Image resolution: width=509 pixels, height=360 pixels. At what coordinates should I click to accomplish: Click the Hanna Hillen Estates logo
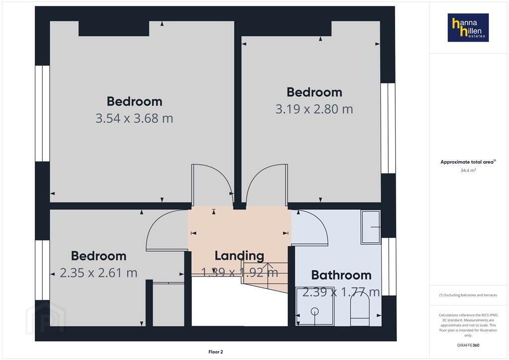coord(468,27)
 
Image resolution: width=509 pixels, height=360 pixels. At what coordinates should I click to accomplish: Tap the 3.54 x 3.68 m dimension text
coord(134,118)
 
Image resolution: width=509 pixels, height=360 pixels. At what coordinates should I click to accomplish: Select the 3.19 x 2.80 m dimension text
coord(314,109)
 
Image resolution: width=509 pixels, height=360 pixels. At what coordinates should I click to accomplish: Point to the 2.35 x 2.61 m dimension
coord(99,273)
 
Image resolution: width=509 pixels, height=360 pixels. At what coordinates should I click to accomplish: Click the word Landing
coord(239,256)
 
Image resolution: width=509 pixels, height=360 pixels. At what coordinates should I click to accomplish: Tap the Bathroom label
coord(341,275)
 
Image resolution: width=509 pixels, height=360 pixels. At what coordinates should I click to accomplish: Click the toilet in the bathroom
coord(360,309)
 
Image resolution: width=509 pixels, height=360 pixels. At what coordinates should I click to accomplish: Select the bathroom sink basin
coord(371,227)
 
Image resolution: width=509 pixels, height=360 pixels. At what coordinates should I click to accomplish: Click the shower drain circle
coord(315,312)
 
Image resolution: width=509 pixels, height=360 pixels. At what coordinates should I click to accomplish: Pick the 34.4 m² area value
coord(468,170)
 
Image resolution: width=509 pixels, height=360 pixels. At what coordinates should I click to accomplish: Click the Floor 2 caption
coord(216,352)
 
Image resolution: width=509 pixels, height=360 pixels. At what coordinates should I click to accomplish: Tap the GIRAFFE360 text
coord(468,345)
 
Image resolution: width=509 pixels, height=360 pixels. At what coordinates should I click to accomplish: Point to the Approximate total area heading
coord(468,162)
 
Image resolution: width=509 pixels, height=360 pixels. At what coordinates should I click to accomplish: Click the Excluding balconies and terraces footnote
coord(468,295)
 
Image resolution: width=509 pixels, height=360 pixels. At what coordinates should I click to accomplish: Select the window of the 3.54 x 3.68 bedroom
coord(43,113)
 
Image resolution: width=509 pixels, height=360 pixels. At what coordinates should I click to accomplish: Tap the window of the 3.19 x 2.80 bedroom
coord(388,128)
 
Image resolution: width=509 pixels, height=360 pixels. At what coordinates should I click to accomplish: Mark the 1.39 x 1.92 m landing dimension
coord(239,272)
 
